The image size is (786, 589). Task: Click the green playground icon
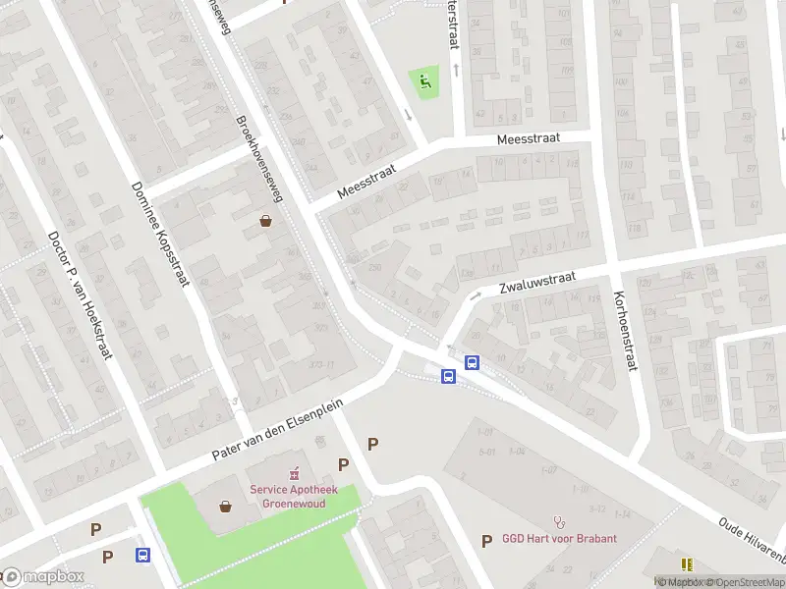[424, 81]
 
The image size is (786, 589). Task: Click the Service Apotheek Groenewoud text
[294, 496]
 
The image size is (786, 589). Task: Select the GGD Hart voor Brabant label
[560, 539]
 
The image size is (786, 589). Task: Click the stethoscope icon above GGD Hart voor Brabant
[560, 521]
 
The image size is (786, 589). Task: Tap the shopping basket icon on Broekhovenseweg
[265, 221]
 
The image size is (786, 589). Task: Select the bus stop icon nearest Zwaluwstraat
[472, 362]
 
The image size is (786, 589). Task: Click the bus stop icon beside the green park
[143, 555]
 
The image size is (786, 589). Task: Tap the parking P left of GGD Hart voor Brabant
[486, 540]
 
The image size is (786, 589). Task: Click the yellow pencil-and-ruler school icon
[687, 564]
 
